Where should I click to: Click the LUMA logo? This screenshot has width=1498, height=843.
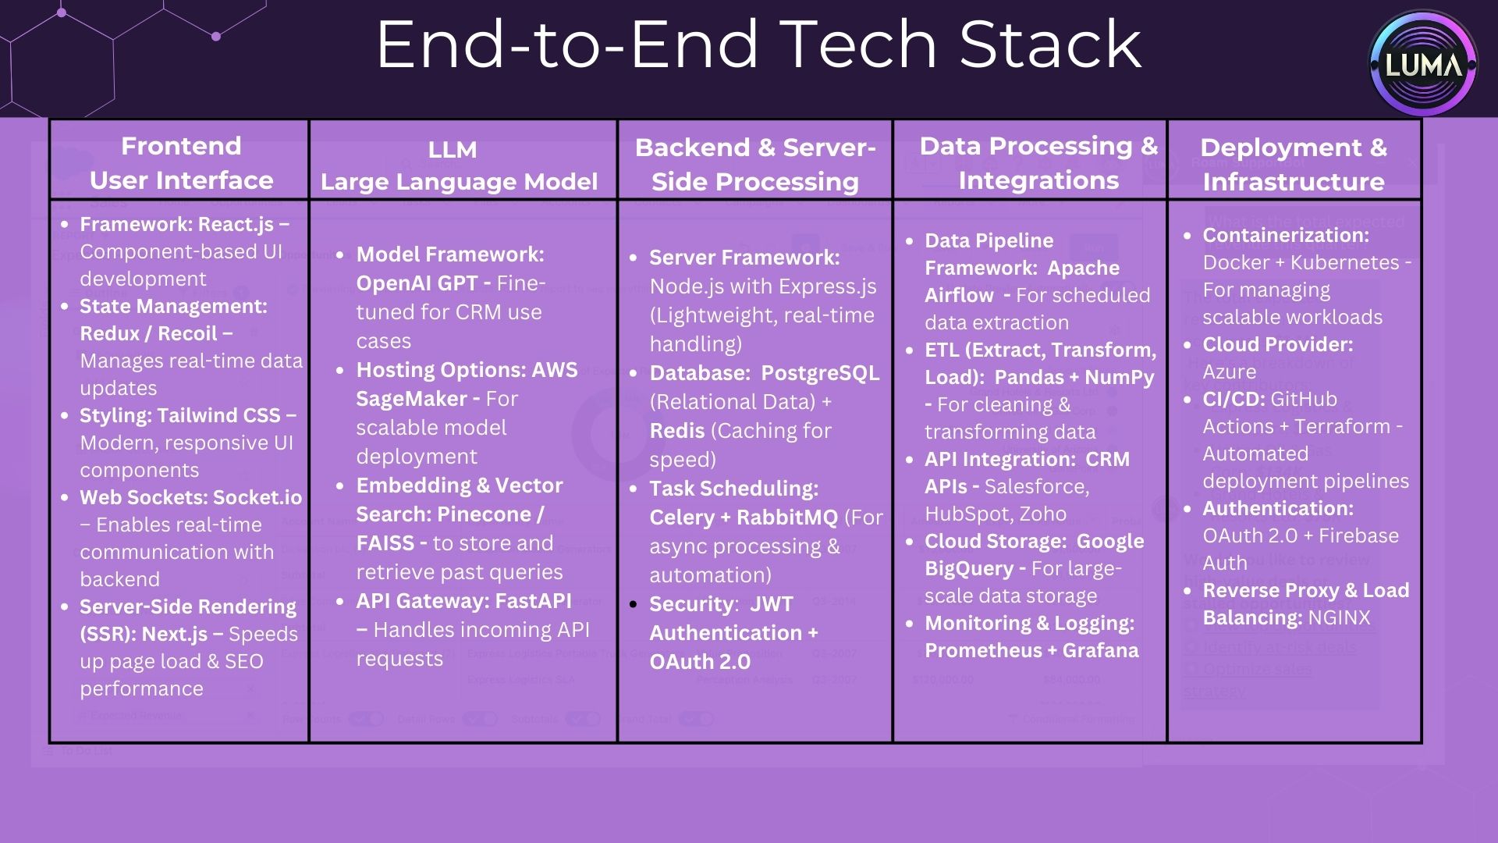tap(1423, 64)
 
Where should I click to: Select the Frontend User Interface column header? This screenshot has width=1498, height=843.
tap(181, 162)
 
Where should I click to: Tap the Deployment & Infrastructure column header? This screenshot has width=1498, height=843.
tap(1294, 164)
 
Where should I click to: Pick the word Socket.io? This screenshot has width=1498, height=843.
tap(257, 497)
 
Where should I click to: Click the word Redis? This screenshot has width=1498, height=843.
tap(676, 431)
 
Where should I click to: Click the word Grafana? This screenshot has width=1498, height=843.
tap(1100, 650)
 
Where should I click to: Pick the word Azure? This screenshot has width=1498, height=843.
tap(1229, 372)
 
